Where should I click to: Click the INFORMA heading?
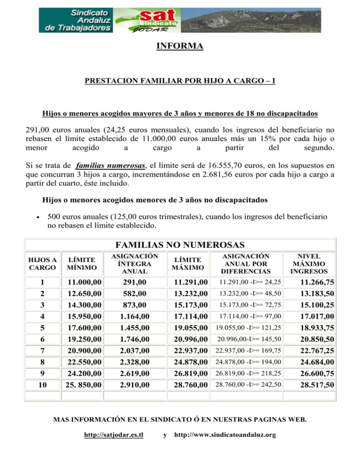point(180,46)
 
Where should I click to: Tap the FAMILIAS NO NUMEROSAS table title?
point(180,245)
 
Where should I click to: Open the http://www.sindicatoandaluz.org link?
point(225,435)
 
